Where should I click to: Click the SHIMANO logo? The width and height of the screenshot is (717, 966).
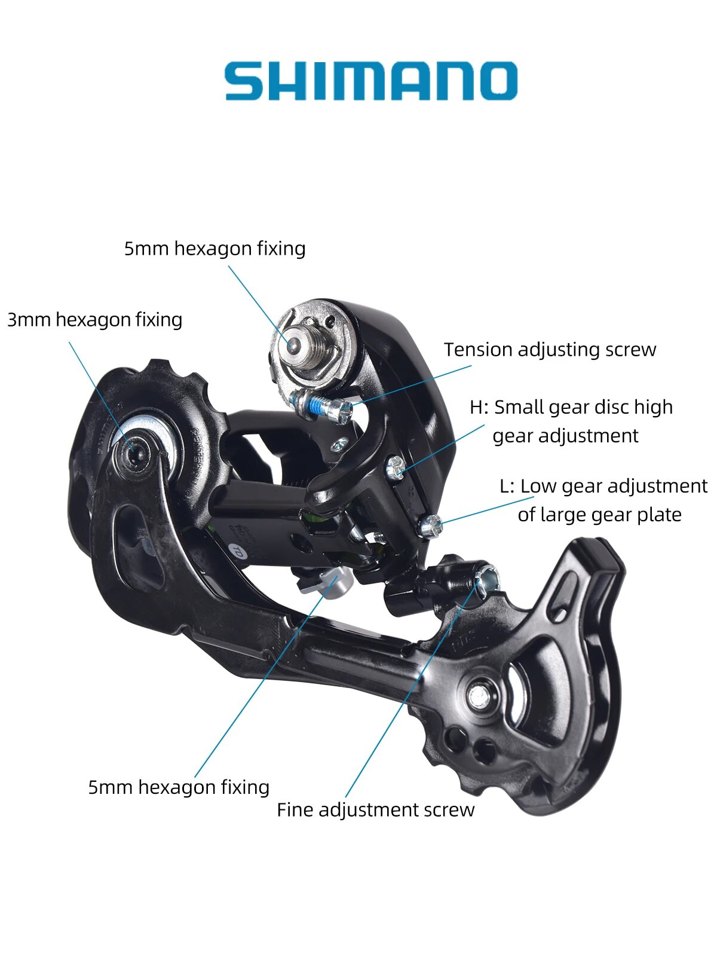pyautogui.click(x=370, y=81)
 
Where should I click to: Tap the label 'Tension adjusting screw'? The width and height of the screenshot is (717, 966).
pyautogui.click(x=550, y=350)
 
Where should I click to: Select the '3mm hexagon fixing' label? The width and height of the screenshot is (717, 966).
pyautogui.click(x=94, y=320)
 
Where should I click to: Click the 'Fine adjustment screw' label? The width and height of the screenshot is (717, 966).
pyautogui.click(x=375, y=810)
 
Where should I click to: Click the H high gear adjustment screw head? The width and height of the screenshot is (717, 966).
pyautogui.click(x=394, y=466)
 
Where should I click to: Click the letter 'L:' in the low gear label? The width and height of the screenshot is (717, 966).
pyautogui.click(x=507, y=486)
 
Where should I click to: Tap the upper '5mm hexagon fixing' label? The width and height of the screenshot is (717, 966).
pyautogui.click(x=215, y=249)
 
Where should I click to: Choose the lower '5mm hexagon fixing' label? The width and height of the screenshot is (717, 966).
pyautogui.click(x=179, y=787)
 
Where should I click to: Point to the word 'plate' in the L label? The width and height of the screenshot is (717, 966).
pyautogui.click(x=658, y=515)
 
